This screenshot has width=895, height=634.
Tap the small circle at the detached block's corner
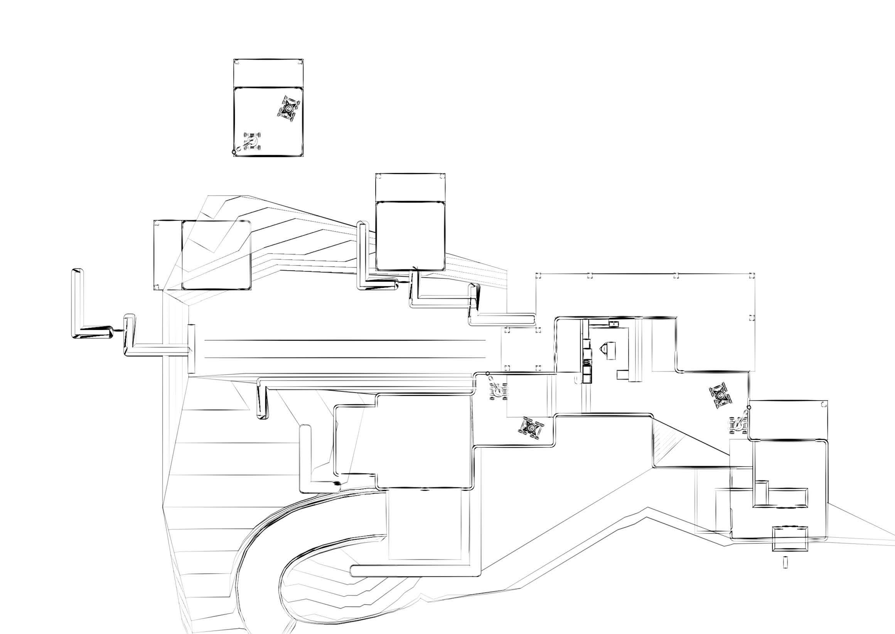coord(234,152)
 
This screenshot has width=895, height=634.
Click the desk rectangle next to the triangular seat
coord(610,350)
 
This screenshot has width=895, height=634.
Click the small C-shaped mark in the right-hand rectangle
coord(824,404)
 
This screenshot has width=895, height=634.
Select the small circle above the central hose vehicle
coord(487,374)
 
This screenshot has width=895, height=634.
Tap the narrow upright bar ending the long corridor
coord(191,348)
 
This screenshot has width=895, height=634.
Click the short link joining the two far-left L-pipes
coord(118,330)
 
